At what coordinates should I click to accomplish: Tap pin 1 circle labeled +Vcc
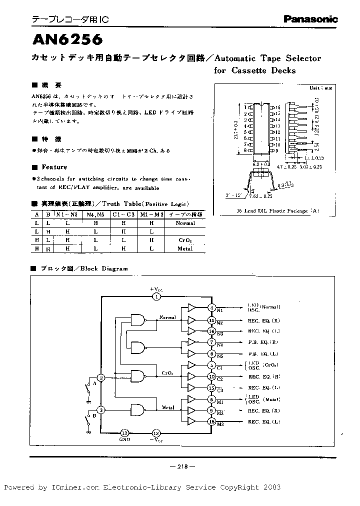[x=156, y=296]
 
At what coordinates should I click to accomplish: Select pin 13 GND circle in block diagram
[x=125, y=433]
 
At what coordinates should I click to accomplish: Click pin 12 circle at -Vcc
[x=156, y=433]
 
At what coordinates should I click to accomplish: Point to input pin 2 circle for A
[x=101, y=377]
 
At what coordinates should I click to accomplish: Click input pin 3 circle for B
[x=101, y=410]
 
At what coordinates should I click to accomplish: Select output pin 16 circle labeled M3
[x=212, y=422]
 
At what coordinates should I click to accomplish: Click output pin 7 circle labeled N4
[x=212, y=342]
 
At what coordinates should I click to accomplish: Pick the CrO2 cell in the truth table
[x=185, y=240]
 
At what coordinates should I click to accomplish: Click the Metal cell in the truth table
[x=185, y=248]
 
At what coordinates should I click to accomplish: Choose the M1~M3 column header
[x=151, y=214]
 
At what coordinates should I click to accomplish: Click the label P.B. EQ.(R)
[x=263, y=342]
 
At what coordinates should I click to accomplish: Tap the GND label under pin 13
[x=124, y=439]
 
